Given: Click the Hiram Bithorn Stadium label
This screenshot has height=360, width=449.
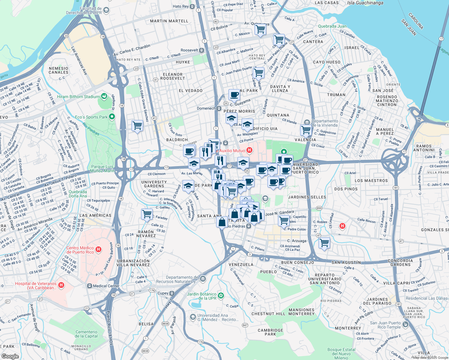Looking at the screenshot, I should pos(78,97).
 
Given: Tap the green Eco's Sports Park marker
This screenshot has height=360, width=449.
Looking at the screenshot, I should pos(112,116).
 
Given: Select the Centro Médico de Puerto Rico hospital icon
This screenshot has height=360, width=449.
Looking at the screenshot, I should pos(98,250).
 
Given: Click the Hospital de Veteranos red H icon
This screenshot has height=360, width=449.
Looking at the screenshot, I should pos(61,285).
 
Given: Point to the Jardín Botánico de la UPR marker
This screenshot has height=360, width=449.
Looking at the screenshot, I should pos(221,296).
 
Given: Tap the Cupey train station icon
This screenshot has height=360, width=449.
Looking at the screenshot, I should pos(172,293).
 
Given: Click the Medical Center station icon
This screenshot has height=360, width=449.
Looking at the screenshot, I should pos(89,286).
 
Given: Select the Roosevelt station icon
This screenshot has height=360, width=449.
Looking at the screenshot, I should pos(202,50).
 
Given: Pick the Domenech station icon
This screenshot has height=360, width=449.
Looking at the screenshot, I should pos(219,108).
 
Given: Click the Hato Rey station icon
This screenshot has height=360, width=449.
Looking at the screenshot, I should pos(193,6).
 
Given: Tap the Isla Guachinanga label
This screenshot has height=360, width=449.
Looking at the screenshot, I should pos(365,3).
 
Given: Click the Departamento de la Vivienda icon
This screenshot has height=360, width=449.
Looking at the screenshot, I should pos(307,122).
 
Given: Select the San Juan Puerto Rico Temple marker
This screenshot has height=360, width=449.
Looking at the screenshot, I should pos(405,325).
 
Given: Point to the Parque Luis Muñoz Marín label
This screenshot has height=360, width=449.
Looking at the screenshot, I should pos(103,169).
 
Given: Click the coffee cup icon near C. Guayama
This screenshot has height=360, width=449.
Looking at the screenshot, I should pos(234,95).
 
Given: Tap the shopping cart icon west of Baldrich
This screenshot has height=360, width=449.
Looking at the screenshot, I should pos(137,125).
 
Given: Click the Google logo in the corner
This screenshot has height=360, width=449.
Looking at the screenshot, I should pos(10,356).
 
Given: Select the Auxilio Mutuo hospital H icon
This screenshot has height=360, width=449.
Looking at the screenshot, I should pos(249,150).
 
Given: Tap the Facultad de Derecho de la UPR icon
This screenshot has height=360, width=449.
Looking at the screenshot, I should pos(106,10).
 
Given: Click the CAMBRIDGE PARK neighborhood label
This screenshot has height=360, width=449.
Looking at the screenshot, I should pos(270,332).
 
